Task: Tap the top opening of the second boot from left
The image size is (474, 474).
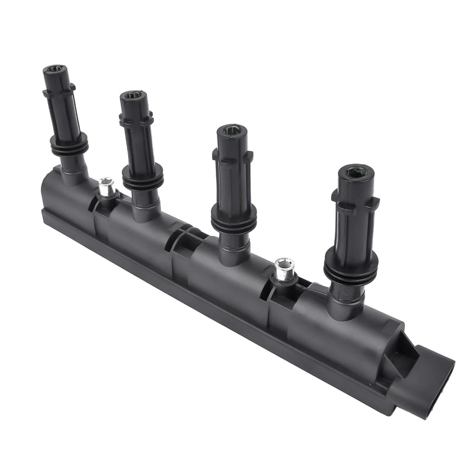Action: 132,95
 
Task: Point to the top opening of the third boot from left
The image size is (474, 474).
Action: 228,130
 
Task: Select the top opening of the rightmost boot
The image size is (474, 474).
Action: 356,172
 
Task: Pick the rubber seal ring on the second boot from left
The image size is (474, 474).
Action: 143,175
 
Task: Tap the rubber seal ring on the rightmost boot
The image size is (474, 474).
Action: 351,267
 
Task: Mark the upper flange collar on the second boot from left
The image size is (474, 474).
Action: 136,118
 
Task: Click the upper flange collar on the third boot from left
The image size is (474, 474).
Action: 232,155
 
